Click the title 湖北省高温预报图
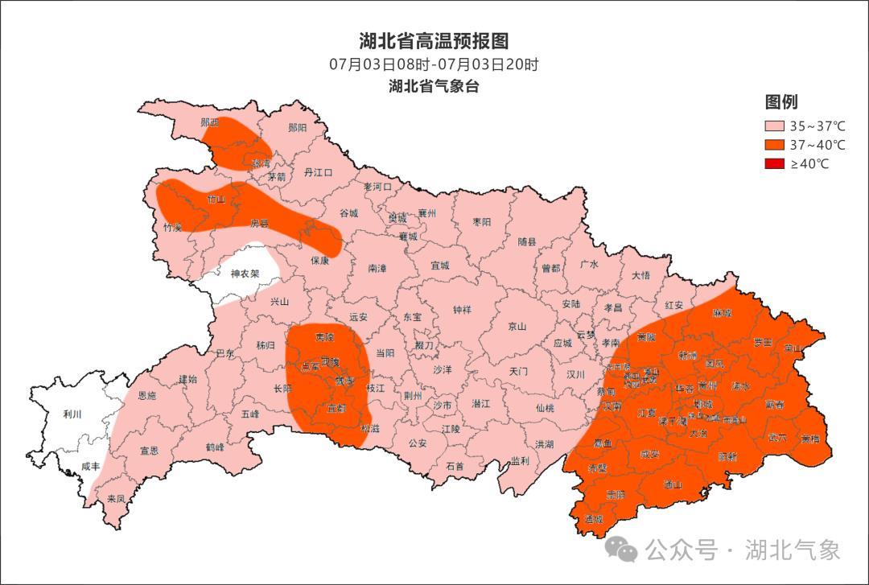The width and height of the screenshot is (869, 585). (x=434, y=41)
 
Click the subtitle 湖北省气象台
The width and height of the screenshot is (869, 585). (x=434, y=86)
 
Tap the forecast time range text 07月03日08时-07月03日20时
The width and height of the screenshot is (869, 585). (x=434, y=64)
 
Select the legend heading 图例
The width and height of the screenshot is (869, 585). (x=780, y=102)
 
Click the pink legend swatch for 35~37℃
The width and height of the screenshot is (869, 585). (x=774, y=126)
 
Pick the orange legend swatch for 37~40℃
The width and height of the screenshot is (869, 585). (x=774, y=145)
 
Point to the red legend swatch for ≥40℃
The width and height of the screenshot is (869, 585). (x=774, y=164)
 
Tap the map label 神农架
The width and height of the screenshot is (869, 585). (x=245, y=274)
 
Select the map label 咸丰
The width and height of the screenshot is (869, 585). (x=91, y=467)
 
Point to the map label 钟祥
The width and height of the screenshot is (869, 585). (x=462, y=309)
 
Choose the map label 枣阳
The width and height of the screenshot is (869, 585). (x=481, y=221)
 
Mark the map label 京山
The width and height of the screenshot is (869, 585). (x=517, y=327)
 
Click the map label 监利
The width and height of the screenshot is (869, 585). (x=520, y=461)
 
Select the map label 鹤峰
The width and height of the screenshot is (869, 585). (x=215, y=447)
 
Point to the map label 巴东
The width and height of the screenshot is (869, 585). (x=226, y=353)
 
